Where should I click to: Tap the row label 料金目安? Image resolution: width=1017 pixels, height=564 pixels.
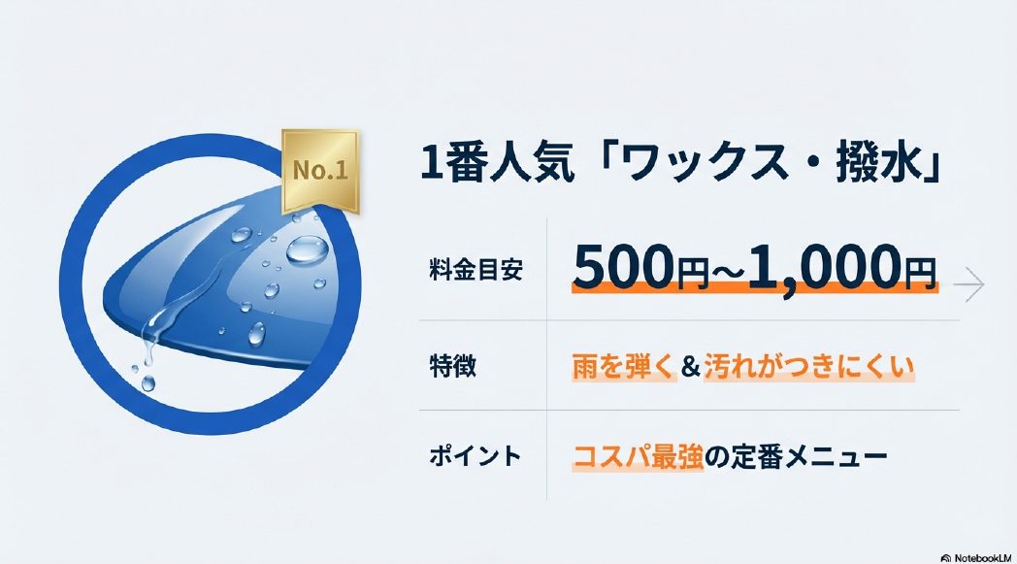tap(476, 271)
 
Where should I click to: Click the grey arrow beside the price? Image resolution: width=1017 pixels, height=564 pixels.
tap(968, 284)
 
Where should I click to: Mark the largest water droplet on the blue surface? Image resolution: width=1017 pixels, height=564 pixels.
tap(307, 249)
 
